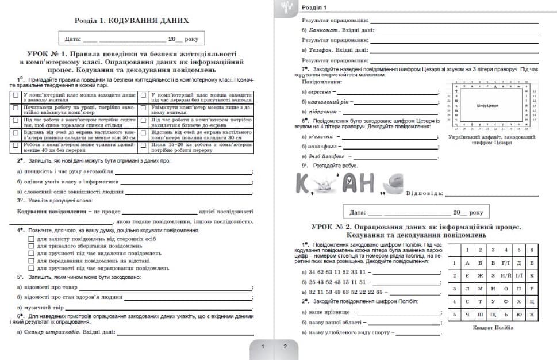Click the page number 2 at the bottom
click(x=285, y=347)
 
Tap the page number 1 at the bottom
click(x=263, y=347)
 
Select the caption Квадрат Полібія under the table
click(x=493, y=328)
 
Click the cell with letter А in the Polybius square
click(x=468, y=263)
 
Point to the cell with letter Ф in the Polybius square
click(x=506, y=301)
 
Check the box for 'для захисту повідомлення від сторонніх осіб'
click(x=32, y=238)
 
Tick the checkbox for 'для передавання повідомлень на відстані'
click(x=32, y=261)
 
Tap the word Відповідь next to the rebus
click(x=424, y=193)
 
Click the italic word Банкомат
click(x=321, y=30)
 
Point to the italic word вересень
click(x=321, y=92)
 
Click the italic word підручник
click(x=322, y=112)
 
